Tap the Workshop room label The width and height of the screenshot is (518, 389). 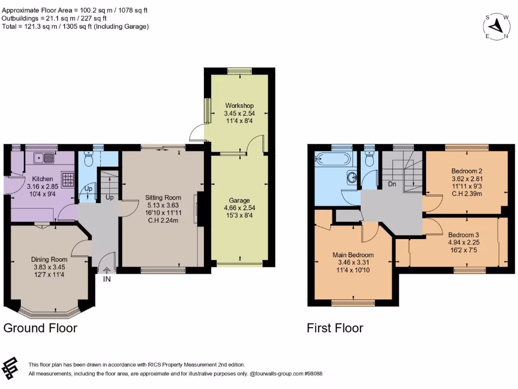click(240, 105)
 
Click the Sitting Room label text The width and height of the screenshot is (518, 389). click(163, 198)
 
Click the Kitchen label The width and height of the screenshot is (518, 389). click(43, 179)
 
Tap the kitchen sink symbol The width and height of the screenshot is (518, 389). click(43, 158)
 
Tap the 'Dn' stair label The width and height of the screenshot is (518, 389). click(392, 184)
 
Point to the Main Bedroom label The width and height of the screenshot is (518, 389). click(353, 255)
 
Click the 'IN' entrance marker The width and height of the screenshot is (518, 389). click(106, 279)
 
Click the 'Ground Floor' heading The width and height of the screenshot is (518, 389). click(40, 328)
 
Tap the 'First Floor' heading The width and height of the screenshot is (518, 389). click(335, 328)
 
